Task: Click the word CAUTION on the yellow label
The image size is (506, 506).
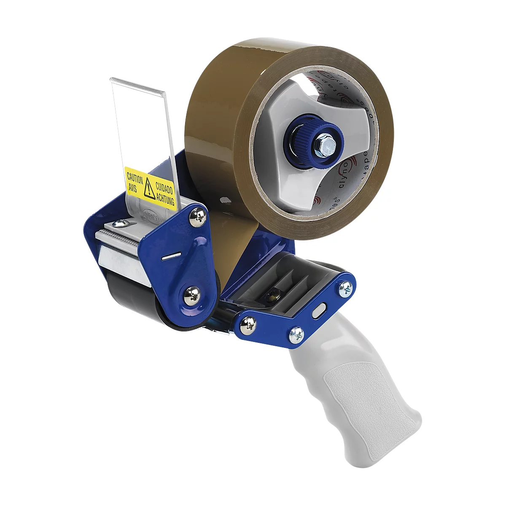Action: click(135, 175)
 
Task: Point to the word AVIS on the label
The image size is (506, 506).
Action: click(132, 186)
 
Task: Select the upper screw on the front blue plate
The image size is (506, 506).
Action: click(197, 217)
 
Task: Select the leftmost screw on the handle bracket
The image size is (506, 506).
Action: click(249, 325)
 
